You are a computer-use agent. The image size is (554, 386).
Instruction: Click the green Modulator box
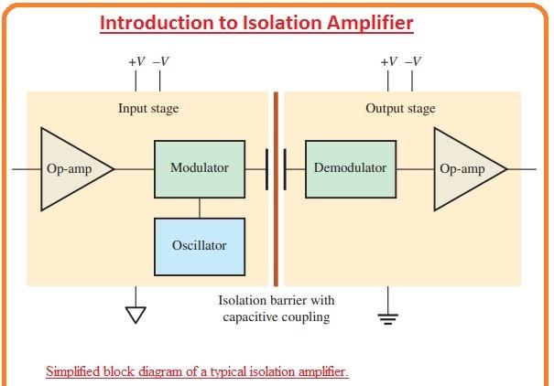pos(200,168)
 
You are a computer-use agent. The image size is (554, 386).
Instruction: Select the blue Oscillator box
pos(200,246)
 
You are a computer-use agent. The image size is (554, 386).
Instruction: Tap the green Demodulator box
pos(350,168)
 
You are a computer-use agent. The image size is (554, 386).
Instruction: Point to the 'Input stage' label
pos(148,109)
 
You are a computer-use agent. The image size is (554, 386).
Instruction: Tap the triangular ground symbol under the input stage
pos(136,315)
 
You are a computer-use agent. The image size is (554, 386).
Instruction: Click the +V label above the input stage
pos(136,61)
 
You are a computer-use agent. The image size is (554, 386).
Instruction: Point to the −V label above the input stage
pos(160,61)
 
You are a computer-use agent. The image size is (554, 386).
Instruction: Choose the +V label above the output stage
pos(388,61)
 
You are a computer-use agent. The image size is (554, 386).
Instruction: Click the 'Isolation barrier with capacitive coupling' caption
pos(277,309)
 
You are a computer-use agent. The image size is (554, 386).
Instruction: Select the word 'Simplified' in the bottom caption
pos(75,372)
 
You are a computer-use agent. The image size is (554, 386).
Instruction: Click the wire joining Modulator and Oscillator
pos(200,208)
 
